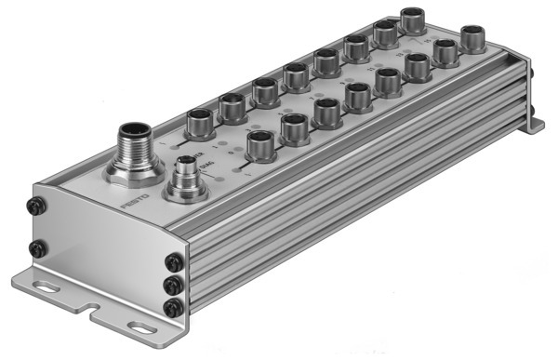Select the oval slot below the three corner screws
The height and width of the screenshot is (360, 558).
[140, 327]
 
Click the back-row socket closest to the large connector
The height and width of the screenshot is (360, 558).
[201, 121]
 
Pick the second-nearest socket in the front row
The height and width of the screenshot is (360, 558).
[295, 127]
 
